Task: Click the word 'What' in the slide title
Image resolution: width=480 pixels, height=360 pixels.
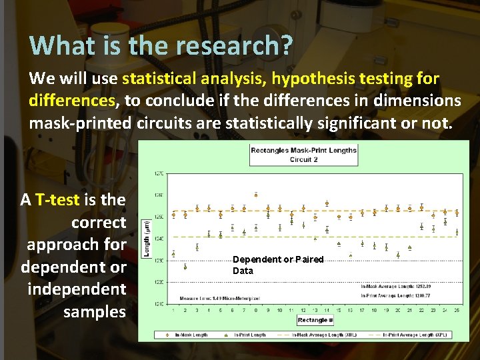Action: (x=55, y=45)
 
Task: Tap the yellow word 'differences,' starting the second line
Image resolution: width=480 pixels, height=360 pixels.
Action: (x=72, y=101)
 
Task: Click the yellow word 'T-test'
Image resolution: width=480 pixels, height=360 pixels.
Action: (x=57, y=199)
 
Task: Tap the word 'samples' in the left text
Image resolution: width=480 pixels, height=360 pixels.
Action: (x=94, y=312)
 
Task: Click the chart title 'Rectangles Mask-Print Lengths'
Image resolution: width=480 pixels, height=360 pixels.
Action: (x=303, y=151)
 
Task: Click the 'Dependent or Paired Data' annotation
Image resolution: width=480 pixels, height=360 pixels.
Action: (x=278, y=265)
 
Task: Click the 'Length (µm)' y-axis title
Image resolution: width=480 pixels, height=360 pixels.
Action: (x=147, y=239)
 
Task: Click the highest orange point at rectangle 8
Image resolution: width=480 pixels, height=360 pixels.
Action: (x=256, y=195)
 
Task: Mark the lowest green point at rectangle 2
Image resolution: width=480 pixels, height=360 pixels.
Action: (x=185, y=267)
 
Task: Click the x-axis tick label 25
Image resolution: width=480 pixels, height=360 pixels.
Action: (x=457, y=310)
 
